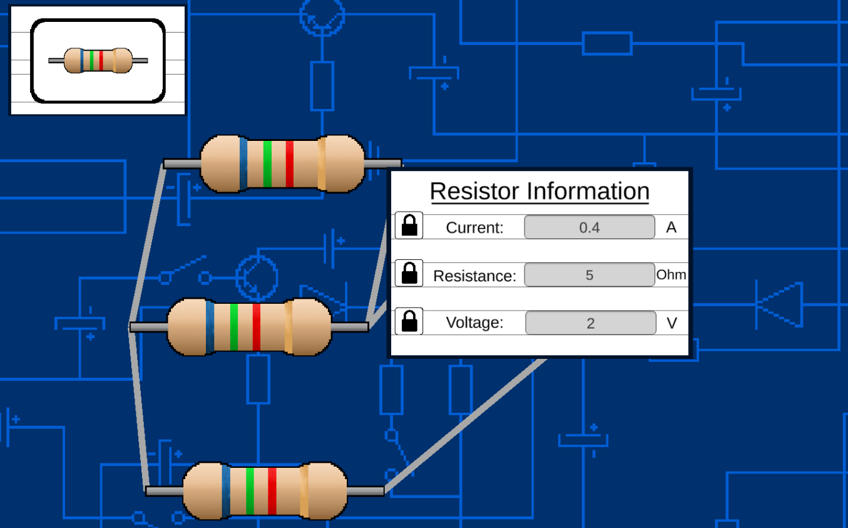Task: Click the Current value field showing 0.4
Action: click(589, 227)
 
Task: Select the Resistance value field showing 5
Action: click(589, 275)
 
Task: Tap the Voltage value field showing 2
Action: click(590, 323)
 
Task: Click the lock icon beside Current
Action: click(409, 225)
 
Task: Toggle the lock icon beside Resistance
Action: click(409, 274)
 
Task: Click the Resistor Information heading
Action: click(539, 191)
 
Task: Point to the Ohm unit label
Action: click(671, 274)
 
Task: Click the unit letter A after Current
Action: click(671, 227)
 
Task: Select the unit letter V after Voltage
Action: click(672, 323)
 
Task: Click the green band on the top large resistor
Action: click(267, 164)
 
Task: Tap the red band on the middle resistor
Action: click(256, 327)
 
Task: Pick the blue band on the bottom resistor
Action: click(225, 491)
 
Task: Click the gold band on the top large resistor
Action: click(322, 164)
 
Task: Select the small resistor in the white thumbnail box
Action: click(98, 61)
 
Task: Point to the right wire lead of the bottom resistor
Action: click(365, 491)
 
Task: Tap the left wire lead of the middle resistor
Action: click(148, 327)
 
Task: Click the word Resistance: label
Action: click(474, 276)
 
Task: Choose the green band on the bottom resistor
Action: click(250, 491)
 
